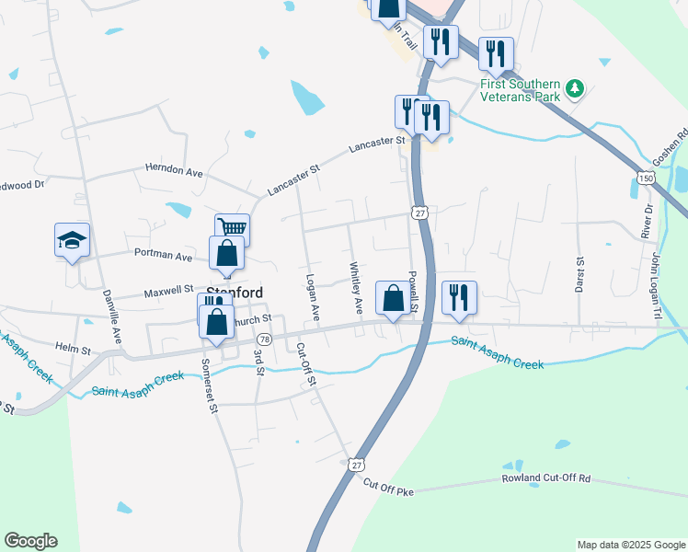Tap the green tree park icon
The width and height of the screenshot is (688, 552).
pyautogui.click(x=575, y=88)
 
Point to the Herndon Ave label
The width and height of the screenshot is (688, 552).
pyautogui.click(x=174, y=170)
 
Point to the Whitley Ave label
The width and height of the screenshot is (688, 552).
pyautogui.click(x=356, y=286)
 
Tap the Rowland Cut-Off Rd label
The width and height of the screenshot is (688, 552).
pyautogui.click(x=545, y=479)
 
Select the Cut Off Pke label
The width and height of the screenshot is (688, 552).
pyautogui.click(x=389, y=488)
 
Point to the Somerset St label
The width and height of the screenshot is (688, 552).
pyautogui.click(x=211, y=385)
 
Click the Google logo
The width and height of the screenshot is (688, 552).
pyautogui.click(x=30, y=540)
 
